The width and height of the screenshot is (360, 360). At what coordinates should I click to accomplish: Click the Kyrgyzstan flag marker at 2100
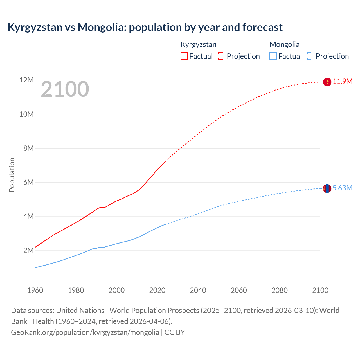coord(327,82)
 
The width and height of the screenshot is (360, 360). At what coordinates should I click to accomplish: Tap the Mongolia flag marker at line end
coord(327,188)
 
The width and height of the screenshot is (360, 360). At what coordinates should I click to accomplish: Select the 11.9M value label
coord(343,82)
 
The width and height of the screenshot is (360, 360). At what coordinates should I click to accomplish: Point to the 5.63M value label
coord(343,188)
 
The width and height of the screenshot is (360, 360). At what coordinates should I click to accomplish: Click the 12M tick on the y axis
coord(26,80)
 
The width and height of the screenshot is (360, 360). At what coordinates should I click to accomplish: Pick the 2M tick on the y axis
coord(28,250)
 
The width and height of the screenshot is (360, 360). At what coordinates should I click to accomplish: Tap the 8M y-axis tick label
coord(28,148)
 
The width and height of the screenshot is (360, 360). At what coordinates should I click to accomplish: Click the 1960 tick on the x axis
coord(35,290)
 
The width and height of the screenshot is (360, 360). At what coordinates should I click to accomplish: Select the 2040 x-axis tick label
coord(198,290)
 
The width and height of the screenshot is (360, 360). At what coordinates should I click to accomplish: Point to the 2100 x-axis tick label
coord(320,290)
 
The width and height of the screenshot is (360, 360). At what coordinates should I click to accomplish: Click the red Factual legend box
coord(184,56)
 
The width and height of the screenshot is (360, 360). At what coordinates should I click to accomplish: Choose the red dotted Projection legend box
coord(222,56)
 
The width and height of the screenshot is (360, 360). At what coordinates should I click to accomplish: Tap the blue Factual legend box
coord(273,56)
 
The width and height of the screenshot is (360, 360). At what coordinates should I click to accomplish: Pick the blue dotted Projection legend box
coord(311,56)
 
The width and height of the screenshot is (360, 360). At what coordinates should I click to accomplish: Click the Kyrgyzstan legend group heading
coord(198,44)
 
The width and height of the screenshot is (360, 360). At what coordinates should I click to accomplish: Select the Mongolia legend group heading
coord(284,44)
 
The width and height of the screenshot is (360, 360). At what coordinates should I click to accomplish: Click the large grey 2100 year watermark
coord(65,89)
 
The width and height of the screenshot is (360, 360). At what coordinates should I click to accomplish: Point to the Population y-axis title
coord(12,175)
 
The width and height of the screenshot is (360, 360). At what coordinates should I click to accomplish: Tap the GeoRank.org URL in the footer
coord(85,332)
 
